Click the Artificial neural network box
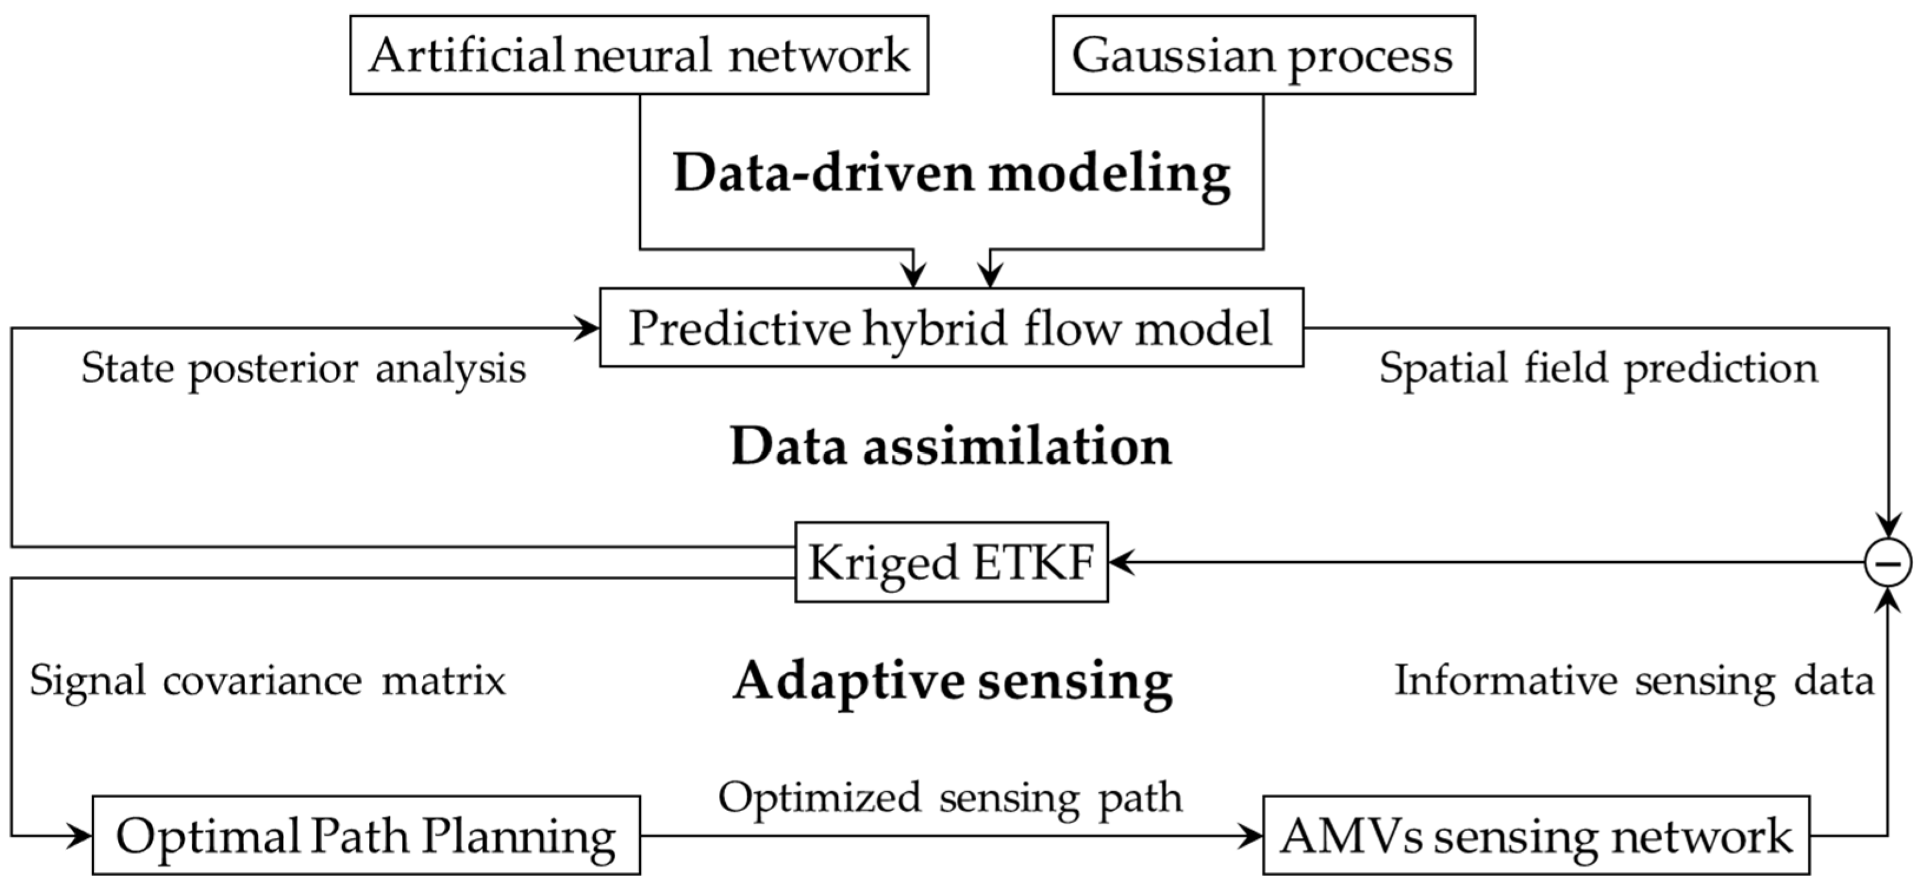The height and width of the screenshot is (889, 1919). tap(639, 55)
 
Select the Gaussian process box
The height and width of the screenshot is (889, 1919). tap(1263, 55)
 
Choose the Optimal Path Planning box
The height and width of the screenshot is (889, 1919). tap(366, 835)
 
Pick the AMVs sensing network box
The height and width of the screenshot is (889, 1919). tap(1535, 835)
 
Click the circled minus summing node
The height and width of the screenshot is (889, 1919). tap(1887, 562)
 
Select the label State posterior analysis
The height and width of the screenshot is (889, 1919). tap(303, 368)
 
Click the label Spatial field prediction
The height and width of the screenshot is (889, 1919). tap(1598, 368)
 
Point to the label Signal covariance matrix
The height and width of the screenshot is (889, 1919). tap(267, 681)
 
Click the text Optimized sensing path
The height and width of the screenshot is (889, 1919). tap(950, 798)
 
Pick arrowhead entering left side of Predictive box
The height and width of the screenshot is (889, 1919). tap(588, 328)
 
